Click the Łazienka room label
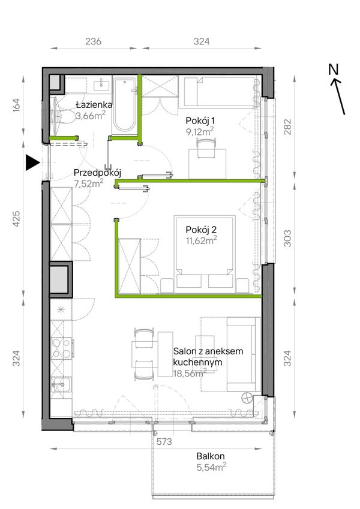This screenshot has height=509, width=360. point(94,105)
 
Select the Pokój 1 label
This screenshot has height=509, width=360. point(200,121)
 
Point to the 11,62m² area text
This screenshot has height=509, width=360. point(201,240)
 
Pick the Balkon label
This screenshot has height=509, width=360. point(210,456)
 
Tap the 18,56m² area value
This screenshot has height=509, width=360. point(190,373)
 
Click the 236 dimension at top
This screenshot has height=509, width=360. point(93,41)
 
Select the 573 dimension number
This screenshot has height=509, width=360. point(164,441)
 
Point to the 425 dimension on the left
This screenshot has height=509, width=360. point(16,219)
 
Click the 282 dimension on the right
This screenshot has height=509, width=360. point(287,127)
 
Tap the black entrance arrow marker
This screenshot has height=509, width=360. point(32,162)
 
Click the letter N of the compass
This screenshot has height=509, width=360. point(334,70)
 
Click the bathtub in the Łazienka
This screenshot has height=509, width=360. point(124,105)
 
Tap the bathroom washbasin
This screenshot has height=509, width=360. point(101,85)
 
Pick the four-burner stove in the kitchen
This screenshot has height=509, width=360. point(62,348)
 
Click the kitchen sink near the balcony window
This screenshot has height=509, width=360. point(61,386)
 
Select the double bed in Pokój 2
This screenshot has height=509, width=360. point(205,252)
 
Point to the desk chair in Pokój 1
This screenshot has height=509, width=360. point(206,148)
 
